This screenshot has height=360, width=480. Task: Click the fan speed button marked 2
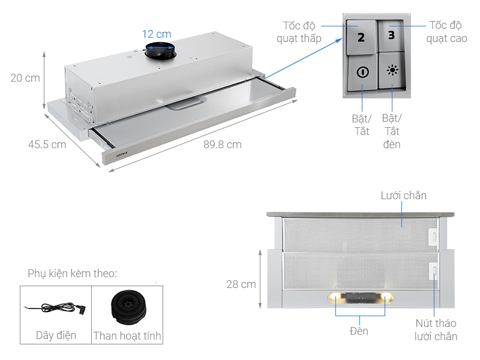[x=361, y=37]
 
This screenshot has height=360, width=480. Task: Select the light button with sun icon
[x=392, y=70]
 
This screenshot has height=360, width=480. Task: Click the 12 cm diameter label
[x=157, y=34]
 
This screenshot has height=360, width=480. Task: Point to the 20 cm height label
[x=25, y=78]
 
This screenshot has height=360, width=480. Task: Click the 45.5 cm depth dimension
[x=47, y=145]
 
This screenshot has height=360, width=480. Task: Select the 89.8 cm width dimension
[x=222, y=145]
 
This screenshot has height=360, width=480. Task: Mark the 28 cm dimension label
[x=240, y=284]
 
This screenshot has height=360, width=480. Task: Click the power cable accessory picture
[x=55, y=307]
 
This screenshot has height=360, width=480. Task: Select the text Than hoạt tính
[x=127, y=336]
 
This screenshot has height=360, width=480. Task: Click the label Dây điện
[x=56, y=335]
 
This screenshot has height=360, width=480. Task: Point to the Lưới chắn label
[x=403, y=196]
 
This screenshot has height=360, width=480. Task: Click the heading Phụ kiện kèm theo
[x=72, y=274]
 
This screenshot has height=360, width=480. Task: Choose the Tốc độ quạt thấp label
[x=299, y=32]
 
